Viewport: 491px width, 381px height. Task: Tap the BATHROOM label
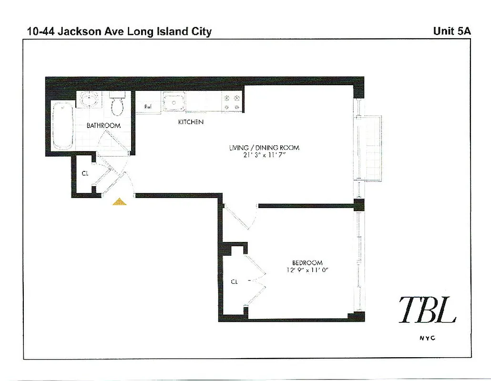pyautogui.click(x=103, y=126)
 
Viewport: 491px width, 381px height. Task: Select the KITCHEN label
pyautogui.click(x=191, y=122)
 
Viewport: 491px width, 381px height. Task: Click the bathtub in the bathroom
pyautogui.click(x=62, y=125)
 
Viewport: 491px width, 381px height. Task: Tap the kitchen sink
pyautogui.click(x=174, y=102)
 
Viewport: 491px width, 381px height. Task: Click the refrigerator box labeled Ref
pyautogui.click(x=148, y=107)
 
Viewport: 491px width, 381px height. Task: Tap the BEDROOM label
pyautogui.click(x=307, y=262)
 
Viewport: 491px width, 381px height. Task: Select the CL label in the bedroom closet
pyautogui.click(x=234, y=282)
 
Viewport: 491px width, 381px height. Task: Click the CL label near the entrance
pyautogui.click(x=85, y=174)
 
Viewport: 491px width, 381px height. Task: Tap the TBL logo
pyautogui.click(x=427, y=310)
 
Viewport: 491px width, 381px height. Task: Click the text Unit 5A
pyautogui.click(x=451, y=31)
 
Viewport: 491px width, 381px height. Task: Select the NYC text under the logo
pyautogui.click(x=427, y=338)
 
